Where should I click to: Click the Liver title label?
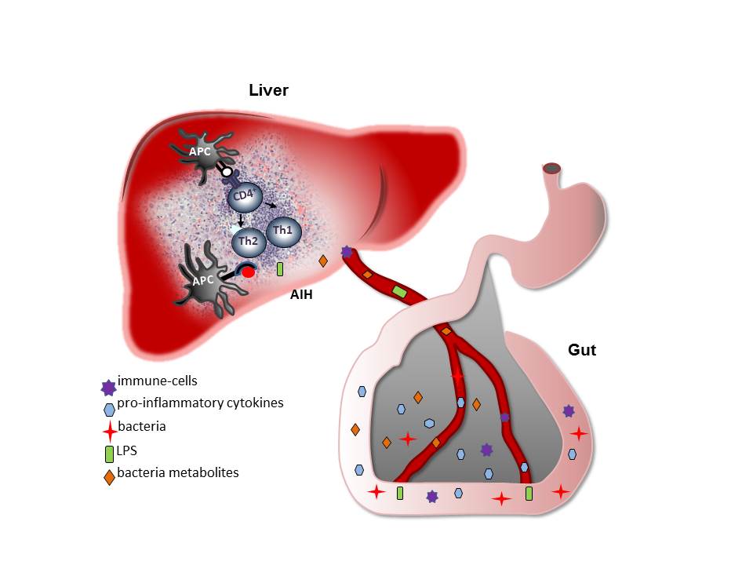268,90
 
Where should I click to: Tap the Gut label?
581,350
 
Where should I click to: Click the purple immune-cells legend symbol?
108,385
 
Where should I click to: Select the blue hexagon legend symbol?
109,408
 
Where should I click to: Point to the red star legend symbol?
109,430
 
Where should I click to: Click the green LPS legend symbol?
109,454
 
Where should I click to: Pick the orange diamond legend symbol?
109,476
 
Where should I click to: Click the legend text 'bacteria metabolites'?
177,472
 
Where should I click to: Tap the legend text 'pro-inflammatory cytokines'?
200,403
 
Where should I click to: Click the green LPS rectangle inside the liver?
280,269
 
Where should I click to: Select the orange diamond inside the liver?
322,261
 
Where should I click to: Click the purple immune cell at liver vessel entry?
347,252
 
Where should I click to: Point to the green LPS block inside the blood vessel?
399,292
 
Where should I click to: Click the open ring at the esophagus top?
552,167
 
